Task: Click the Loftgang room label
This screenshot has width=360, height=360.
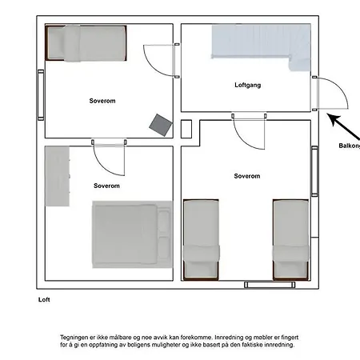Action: (x=247, y=85)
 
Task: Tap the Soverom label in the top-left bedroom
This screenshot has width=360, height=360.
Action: (x=102, y=101)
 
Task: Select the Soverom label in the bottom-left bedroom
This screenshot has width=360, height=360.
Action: (x=106, y=186)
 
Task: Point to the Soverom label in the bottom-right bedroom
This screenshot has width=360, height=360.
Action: (x=247, y=176)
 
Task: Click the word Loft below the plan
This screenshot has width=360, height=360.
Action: (x=44, y=299)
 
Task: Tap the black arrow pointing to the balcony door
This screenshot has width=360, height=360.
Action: (x=343, y=126)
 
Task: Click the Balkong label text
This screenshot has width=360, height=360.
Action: (x=350, y=146)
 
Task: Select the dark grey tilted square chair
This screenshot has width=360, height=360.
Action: (x=161, y=125)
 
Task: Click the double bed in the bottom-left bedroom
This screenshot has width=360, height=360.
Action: (x=132, y=234)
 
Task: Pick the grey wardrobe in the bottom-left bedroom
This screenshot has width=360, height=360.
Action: (x=58, y=176)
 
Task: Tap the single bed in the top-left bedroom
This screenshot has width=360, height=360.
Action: (x=86, y=43)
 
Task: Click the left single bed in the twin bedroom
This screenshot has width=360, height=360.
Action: (x=201, y=240)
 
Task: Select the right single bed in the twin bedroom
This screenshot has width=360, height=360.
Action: (x=290, y=240)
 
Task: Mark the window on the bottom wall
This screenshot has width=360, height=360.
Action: (x=270, y=285)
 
